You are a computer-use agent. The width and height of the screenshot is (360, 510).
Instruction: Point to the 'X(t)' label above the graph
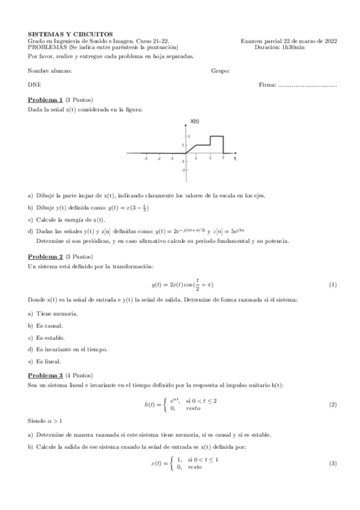[194, 121]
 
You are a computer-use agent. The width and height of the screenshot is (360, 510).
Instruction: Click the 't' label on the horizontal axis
[235, 159]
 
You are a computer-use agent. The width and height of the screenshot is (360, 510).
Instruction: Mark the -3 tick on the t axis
[146, 158]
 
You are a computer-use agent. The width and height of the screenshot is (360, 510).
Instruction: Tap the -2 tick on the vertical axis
[183, 171]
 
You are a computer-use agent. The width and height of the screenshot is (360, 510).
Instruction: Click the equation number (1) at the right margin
[332, 284]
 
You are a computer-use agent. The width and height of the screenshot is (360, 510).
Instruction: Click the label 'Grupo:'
[221, 71]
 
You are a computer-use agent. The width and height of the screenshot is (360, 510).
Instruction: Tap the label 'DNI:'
[34, 85]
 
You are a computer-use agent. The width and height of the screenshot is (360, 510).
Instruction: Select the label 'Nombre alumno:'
[50, 71]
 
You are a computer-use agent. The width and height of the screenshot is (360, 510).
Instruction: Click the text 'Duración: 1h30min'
[279, 46]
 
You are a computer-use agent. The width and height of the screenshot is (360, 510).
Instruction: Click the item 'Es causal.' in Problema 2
[49, 325]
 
